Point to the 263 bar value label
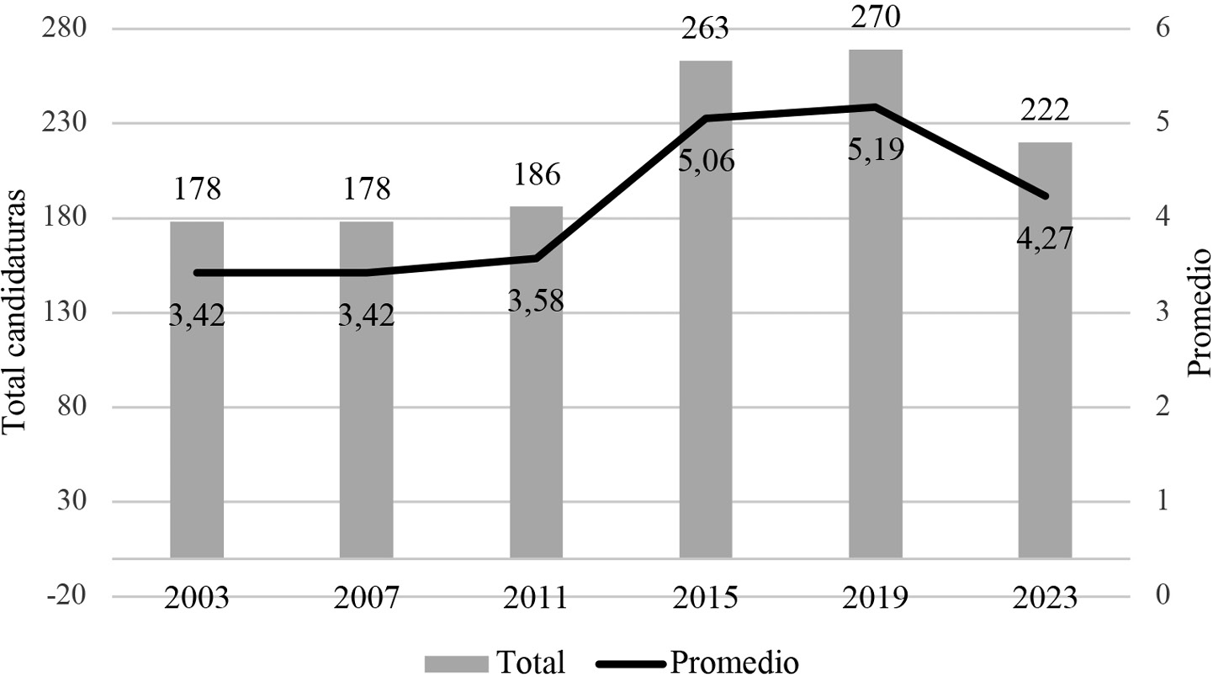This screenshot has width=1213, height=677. pyautogui.click(x=706, y=30)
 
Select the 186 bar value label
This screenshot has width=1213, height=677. pyautogui.click(x=536, y=176)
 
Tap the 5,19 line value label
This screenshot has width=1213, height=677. pyautogui.click(x=876, y=150)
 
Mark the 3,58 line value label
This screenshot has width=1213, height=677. pyautogui.click(x=536, y=300)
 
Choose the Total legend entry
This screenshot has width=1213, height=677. pyautogui.click(x=495, y=661)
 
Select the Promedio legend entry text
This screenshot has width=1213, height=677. pyautogui.click(x=734, y=661)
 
